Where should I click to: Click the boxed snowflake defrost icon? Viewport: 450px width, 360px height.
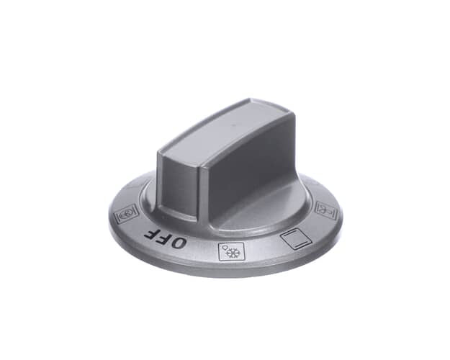click(x=231, y=251)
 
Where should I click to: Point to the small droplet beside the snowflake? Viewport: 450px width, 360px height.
click(x=225, y=248)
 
